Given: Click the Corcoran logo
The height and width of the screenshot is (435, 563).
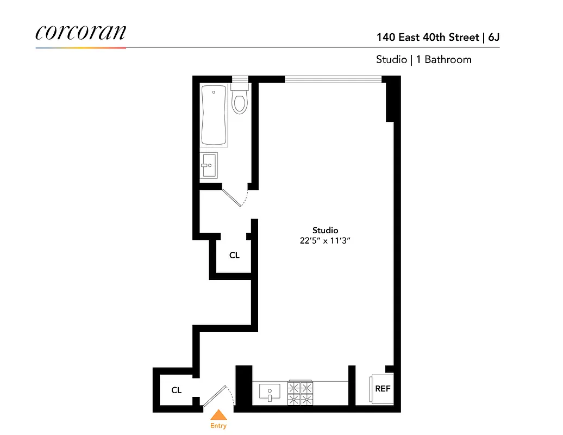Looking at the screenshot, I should (x=80, y=32).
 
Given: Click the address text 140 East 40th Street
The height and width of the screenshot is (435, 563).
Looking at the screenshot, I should (x=428, y=38).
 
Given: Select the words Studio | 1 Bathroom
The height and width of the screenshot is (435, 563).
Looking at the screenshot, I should (x=423, y=59).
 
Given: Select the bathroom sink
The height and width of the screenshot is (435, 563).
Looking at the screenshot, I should (x=209, y=165).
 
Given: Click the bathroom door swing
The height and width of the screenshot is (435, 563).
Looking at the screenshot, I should (x=235, y=196).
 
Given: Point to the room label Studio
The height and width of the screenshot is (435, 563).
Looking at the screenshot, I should (x=325, y=230).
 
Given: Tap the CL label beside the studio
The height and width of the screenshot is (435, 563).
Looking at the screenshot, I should (x=234, y=255).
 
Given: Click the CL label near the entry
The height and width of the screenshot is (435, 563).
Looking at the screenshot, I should (x=176, y=390).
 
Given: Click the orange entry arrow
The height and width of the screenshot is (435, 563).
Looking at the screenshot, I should (x=218, y=415).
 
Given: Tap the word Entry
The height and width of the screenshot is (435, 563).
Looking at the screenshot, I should (x=218, y=426).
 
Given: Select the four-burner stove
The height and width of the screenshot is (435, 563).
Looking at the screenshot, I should (x=301, y=393).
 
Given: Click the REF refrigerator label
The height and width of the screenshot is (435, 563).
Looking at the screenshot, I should (x=383, y=389).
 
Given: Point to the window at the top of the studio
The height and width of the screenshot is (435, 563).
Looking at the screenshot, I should (x=333, y=79).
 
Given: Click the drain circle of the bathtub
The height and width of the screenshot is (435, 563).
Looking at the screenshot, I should (x=214, y=92).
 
